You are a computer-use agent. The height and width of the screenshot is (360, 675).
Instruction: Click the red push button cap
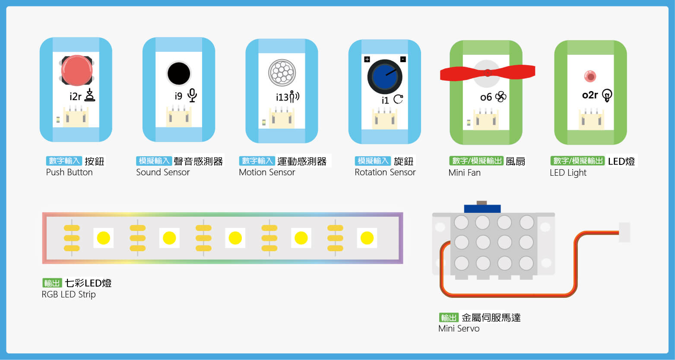point(76,70)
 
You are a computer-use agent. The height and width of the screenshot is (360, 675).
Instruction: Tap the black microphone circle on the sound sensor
point(178,73)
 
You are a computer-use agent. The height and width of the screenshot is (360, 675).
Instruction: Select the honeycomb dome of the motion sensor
point(282,72)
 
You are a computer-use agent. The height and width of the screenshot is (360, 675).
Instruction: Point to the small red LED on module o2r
point(589,76)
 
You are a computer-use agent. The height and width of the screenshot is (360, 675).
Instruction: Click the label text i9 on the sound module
point(178,96)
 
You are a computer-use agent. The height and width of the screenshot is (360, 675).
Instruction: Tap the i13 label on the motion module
point(282,98)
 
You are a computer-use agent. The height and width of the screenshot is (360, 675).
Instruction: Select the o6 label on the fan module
point(486,98)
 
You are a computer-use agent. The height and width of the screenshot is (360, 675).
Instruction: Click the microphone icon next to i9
point(192,95)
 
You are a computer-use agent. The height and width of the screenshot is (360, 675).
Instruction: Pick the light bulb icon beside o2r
point(607,95)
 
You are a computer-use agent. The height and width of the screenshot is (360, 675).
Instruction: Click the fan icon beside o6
point(501,97)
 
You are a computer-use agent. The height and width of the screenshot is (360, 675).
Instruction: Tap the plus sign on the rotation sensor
point(367,59)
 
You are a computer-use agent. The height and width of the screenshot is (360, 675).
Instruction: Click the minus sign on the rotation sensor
point(403,59)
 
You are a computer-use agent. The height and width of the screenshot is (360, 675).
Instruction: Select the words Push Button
point(69,172)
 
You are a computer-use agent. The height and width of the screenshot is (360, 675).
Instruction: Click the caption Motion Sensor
point(267,172)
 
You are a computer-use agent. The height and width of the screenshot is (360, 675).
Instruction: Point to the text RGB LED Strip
point(69,294)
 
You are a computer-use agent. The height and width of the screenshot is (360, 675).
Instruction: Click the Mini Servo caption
point(459,328)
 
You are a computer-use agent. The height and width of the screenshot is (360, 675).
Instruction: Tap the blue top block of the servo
point(482,208)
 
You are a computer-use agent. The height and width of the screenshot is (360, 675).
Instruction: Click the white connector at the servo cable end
point(624,232)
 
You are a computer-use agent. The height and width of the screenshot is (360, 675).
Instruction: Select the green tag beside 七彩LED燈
point(52,283)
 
